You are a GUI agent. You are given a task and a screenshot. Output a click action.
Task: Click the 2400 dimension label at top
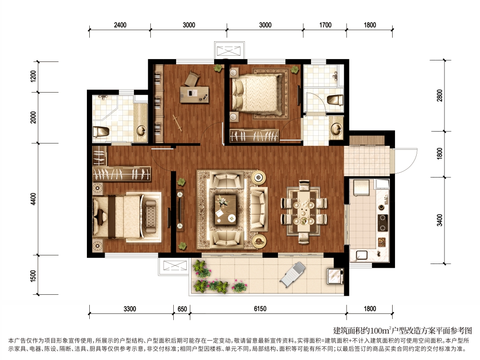pos(120,25)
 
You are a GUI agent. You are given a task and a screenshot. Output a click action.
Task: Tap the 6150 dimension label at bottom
pos(260,309)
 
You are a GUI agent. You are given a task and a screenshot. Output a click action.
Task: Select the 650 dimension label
pos(182,309)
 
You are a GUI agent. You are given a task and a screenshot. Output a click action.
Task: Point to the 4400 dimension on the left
pos(33,199)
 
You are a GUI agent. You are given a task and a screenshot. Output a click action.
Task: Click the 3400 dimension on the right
pos(440,220)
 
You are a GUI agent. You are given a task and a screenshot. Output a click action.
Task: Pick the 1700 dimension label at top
pos(325,25)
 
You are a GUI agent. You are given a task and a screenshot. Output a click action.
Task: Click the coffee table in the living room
pos(226,209)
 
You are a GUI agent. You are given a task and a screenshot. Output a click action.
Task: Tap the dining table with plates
pos(304,212)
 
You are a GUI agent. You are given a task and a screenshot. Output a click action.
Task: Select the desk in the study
pos(194,94)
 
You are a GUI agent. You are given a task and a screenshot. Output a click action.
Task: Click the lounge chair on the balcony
pos(293,274)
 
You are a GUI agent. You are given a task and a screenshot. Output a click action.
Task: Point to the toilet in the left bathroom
pos(101,132)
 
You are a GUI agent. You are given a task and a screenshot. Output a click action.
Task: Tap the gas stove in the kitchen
pos(383,223)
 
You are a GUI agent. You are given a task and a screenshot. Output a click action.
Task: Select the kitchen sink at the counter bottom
pos(362,255)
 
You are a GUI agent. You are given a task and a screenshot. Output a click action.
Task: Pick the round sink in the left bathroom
pos(142,131)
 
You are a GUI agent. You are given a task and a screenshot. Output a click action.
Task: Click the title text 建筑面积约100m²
pos(362,331)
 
